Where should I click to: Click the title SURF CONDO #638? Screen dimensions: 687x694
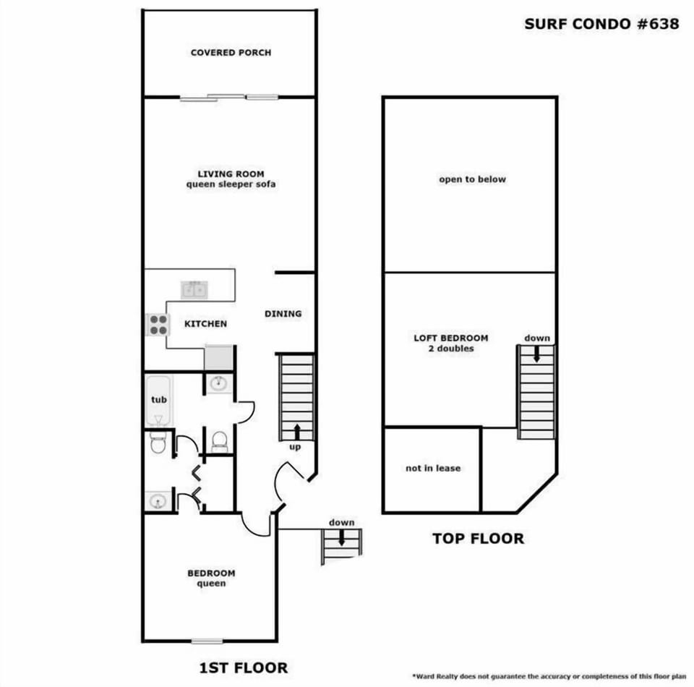[601, 24]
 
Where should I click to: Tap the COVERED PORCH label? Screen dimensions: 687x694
[231, 53]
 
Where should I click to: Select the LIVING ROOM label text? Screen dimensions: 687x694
[231, 174]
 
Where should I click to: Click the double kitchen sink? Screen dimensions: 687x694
[194, 289]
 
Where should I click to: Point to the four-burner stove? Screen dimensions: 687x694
[158, 324]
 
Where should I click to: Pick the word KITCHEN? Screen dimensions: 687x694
[205, 324]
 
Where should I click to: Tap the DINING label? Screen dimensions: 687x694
[283, 314]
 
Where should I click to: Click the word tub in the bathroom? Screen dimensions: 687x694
[158, 399]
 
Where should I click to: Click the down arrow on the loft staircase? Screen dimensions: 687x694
[536, 354]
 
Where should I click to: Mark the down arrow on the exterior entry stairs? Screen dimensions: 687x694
[340, 538]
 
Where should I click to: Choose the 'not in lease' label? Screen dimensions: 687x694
[432, 469]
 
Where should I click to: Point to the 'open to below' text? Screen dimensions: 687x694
[472, 179]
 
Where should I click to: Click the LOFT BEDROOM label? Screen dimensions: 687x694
[450, 338]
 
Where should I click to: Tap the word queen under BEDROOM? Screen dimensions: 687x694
[211, 584]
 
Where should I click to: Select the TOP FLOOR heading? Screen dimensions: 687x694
[478, 539]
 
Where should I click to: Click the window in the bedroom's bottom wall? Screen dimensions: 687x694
[207, 641]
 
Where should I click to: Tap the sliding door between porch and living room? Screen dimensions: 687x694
[228, 96]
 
